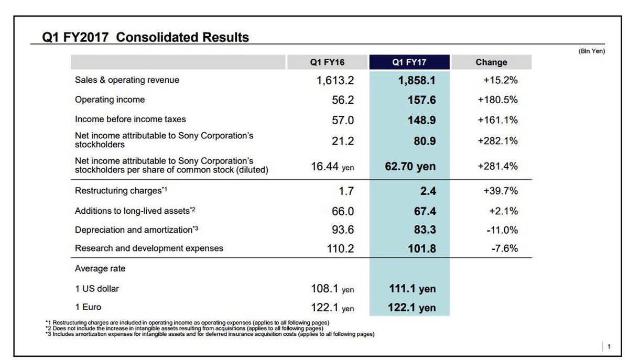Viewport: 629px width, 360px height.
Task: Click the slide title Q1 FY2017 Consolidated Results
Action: pyautogui.click(x=146, y=38)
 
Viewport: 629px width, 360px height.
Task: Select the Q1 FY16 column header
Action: pyautogui.click(x=327, y=62)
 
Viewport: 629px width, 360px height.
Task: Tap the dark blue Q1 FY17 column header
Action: pyautogui.click(x=409, y=62)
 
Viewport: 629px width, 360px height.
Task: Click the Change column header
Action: pyautogui.click(x=491, y=62)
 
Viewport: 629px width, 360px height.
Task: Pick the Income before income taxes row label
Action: pyautogui.click(x=131, y=119)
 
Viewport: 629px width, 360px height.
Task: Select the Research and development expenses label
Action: pyautogui.click(x=149, y=248)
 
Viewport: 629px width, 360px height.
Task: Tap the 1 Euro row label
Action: pyautogui.click(x=88, y=307)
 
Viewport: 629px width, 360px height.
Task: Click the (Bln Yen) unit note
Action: pyautogui.click(x=591, y=51)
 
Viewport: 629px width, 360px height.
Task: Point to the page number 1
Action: pyautogui.click(x=609, y=346)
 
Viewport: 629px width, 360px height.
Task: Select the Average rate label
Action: pyautogui.click(x=100, y=268)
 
